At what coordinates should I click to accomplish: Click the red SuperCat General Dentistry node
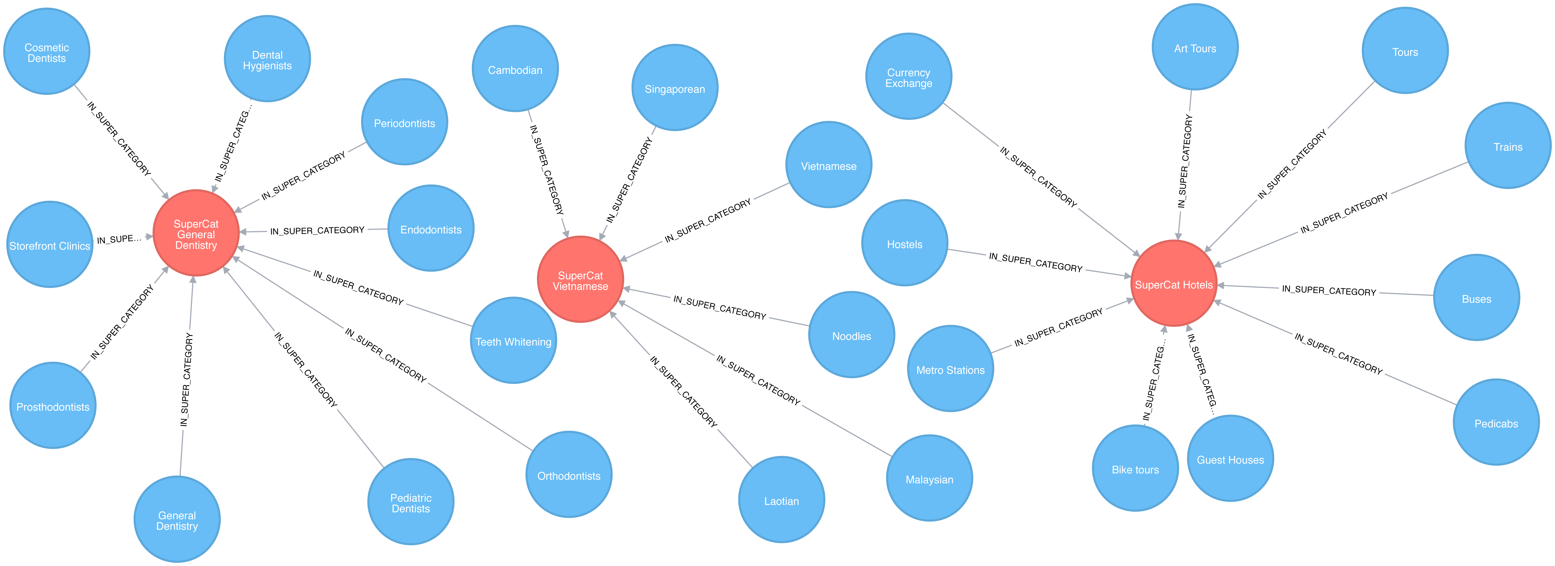pyautogui.click(x=195, y=233)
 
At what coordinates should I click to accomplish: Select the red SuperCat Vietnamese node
pyautogui.click(x=580, y=280)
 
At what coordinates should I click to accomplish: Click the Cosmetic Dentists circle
pyautogui.click(x=46, y=52)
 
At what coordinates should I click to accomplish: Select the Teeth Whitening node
pyautogui.click(x=513, y=341)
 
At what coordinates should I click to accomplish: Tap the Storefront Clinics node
pyautogui.click(x=50, y=245)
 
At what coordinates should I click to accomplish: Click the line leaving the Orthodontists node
pyautogui.click(x=480, y=416)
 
